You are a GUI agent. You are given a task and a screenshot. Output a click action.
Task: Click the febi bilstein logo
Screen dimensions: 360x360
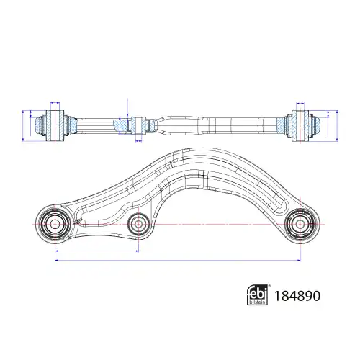pyautogui.click(x=258, y=295)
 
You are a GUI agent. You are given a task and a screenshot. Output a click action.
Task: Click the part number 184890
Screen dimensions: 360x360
pyautogui.click(x=297, y=296)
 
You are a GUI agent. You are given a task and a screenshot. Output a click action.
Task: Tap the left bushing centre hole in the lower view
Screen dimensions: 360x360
pyautogui.click(x=55, y=224)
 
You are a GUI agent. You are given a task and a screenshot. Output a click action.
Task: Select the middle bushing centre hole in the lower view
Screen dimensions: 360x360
pyautogui.click(x=138, y=224)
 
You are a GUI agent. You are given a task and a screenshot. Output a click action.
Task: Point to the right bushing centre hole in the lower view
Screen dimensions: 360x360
pyautogui.click(x=300, y=224)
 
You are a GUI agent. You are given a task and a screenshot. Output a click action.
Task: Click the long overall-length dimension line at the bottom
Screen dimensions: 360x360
pyautogui.click(x=178, y=260)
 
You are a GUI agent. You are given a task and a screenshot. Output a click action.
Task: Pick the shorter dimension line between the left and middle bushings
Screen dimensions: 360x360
pyautogui.click(x=96, y=251)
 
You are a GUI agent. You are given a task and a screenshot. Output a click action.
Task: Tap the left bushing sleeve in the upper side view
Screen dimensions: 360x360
pyautogui.click(x=55, y=126)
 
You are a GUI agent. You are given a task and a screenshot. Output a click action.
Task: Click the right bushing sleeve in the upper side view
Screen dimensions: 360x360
pyautogui.click(x=300, y=126)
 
